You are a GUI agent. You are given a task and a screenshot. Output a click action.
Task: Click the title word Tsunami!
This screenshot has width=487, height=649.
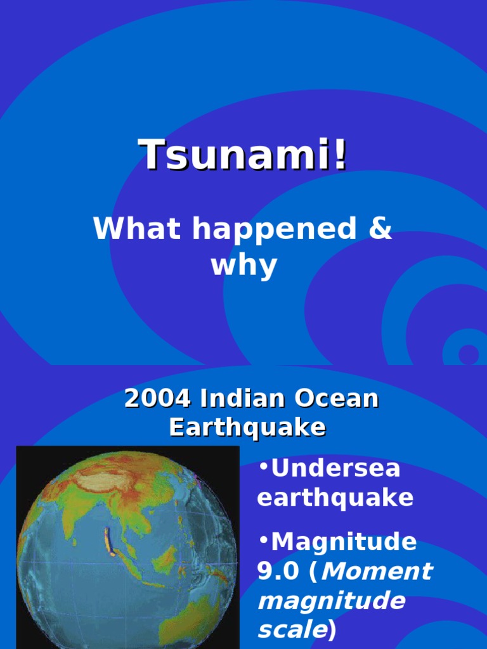click(x=243, y=155)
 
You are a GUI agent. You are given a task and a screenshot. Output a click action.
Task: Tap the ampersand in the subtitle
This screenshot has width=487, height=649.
click(x=379, y=229)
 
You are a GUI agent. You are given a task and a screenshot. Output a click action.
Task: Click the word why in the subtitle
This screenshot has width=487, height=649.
click(x=243, y=266)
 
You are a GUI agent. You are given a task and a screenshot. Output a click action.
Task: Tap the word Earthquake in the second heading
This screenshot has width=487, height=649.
click(x=247, y=428)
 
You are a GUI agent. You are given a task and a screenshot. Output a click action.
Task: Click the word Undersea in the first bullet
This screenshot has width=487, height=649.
click(x=335, y=469)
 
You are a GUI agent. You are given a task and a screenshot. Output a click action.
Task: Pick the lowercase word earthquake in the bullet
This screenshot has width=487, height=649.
click(x=335, y=498)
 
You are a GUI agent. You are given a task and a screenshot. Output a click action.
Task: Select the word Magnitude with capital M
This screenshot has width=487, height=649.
click(x=344, y=543)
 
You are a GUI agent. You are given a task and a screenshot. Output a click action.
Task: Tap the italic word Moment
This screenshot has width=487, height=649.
click(x=378, y=572)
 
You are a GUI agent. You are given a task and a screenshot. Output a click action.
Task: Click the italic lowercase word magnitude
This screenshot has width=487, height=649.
click(x=331, y=601)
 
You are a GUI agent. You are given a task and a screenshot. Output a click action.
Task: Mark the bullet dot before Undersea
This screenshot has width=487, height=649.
click(x=263, y=468)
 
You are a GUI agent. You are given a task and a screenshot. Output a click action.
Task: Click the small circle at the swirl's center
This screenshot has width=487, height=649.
click(x=468, y=353)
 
